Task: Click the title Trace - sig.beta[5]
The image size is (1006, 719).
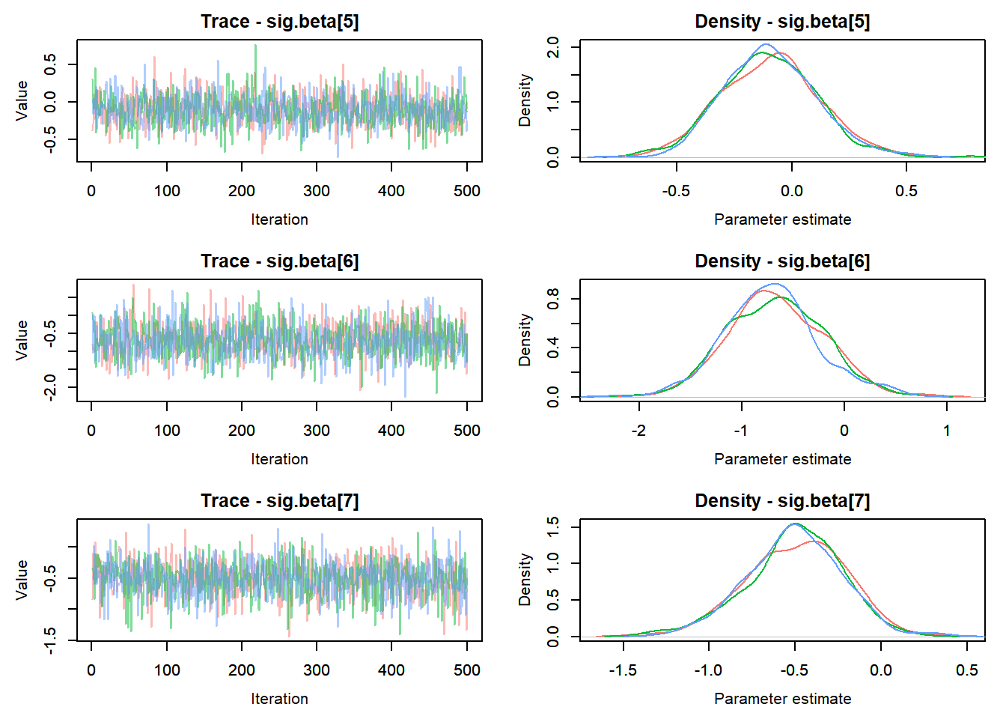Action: [x=279, y=22]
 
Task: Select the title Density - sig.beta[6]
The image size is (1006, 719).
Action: [x=782, y=261]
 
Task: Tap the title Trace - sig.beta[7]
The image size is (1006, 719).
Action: [x=279, y=501]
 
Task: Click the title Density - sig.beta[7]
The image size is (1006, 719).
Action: [x=782, y=501]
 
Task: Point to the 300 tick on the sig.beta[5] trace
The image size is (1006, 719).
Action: [x=317, y=191]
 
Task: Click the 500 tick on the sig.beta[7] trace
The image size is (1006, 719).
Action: [x=466, y=670]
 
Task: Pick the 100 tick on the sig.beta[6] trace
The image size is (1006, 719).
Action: [x=167, y=431]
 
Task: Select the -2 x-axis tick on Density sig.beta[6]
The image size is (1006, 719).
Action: [x=638, y=431]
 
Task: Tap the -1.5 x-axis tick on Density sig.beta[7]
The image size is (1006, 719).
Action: [x=623, y=670]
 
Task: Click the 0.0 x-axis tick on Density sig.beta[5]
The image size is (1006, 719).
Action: [x=791, y=191]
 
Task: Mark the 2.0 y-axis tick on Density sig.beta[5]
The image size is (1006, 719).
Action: [x=553, y=47]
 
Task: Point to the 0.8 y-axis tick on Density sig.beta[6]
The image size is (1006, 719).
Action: [x=553, y=299]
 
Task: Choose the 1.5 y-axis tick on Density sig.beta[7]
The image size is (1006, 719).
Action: [x=553, y=527]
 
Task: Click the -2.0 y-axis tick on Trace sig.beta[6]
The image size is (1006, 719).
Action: [x=50, y=387]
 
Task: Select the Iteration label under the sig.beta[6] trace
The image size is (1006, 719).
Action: [x=279, y=459]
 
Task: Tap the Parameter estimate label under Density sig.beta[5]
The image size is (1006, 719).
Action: [x=782, y=219]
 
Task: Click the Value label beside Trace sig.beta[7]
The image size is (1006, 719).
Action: [x=22, y=580]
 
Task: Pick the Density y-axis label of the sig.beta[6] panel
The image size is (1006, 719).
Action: [x=525, y=340]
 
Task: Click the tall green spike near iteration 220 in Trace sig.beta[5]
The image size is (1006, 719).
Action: [x=255, y=46]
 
